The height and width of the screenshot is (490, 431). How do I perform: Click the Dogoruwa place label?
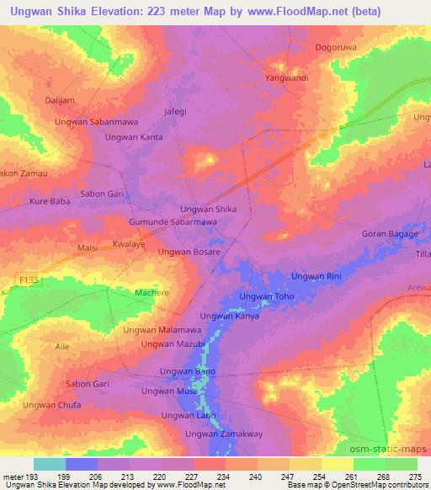[x=335, y=47]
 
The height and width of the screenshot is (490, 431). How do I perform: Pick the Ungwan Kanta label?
[x=134, y=136]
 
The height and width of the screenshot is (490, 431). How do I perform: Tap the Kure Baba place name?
[x=50, y=202]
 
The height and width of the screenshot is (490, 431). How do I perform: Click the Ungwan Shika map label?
[x=209, y=209]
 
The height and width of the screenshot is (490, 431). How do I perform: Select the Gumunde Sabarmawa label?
[x=173, y=221]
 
